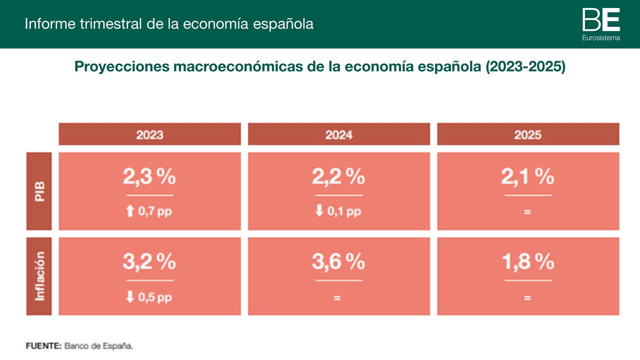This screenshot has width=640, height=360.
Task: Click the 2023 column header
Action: point(150,134)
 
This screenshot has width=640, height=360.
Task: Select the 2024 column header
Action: point(339,134)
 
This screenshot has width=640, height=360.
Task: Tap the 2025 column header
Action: point(528,134)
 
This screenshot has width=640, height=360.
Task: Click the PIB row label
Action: point(39,191)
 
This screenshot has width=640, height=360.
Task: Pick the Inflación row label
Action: point(39,276)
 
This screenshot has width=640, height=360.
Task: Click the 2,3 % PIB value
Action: point(149,176)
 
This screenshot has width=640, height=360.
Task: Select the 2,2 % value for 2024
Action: point(338,176)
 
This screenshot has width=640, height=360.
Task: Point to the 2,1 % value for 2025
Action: point(528,176)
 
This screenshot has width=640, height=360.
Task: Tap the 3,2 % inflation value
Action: point(149,262)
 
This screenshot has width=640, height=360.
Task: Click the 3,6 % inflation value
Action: point(338,262)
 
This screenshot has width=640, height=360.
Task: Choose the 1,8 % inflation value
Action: point(528,262)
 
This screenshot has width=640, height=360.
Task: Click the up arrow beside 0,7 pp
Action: point(130,211)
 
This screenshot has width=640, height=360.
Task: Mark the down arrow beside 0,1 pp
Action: point(319,210)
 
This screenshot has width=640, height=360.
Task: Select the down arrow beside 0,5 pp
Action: point(130,297)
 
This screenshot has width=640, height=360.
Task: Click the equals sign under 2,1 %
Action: point(527,212)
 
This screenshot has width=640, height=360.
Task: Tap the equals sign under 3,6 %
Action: point(337,298)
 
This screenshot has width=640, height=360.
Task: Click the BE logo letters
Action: point(601,20)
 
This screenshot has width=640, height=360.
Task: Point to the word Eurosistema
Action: point(601,38)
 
